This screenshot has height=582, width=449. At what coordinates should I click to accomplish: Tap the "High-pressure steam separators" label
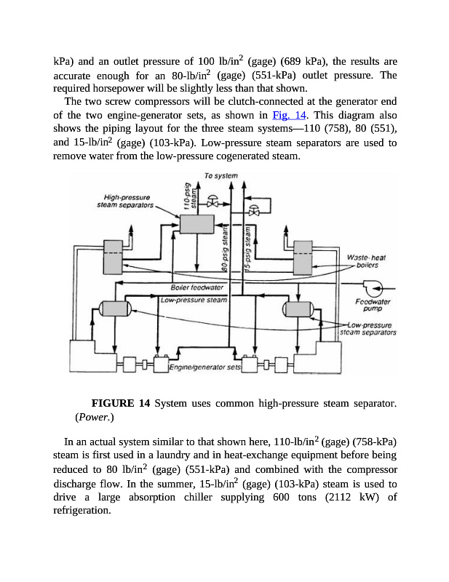(x=127, y=201)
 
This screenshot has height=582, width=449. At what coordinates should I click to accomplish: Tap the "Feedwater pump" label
(x=373, y=305)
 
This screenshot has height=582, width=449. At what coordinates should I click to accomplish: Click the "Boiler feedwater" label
(x=195, y=287)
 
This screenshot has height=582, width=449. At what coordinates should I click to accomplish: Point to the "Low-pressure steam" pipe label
(x=194, y=299)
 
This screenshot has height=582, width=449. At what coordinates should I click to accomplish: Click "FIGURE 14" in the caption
(x=122, y=403)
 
